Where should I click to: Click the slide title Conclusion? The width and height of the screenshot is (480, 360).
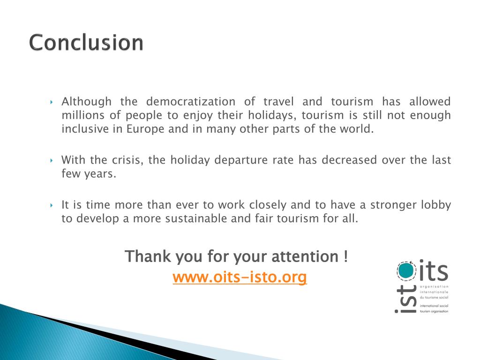click(86, 43)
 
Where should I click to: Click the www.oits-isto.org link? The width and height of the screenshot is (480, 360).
click(240, 277)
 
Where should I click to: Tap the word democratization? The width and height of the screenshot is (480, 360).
click(190, 102)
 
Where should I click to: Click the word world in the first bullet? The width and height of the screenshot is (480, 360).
click(358, 129)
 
